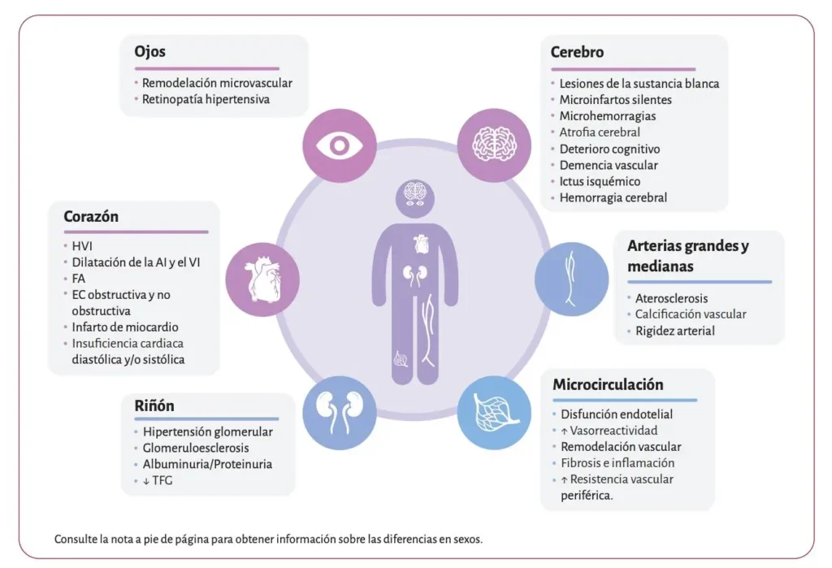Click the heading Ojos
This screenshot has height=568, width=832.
point(149,52)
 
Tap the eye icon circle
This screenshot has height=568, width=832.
point(340,145)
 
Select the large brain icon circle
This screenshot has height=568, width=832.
point(494,145)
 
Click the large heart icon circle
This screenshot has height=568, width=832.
point(262,280)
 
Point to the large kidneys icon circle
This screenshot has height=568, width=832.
point(340,413)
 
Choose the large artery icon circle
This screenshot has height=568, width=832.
point(571,280)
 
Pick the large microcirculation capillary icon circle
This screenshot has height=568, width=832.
point(494,413)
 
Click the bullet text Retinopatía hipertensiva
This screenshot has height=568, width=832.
point(206,99)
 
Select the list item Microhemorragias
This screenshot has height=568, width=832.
point(608,115)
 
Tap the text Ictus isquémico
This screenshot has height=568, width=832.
point(600,181)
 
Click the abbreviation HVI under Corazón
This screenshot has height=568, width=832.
point(82,245)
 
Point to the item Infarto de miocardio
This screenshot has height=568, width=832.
point(125,327)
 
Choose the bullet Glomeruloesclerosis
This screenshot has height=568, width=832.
point(196,448)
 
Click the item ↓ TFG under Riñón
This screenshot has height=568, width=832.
point(158,480)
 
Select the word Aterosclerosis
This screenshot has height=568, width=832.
point(671,298)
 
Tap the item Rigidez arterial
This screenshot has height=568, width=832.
point(675,331)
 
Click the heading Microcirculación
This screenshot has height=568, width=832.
point(608,384)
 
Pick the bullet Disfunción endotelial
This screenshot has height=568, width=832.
point(617,414)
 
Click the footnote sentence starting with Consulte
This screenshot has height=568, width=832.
point(268,540)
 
